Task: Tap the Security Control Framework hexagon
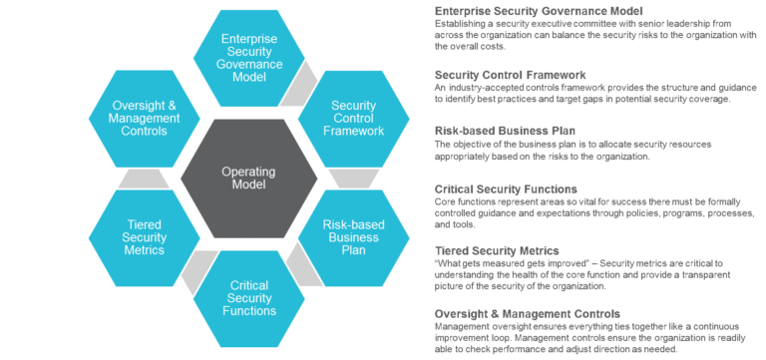[x=353, y=119]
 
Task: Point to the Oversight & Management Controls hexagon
[x=143, y=119]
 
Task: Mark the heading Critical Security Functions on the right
[x=506, y=187]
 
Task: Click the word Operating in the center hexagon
[x=247, y=173]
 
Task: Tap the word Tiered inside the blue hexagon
[x=143, y=225]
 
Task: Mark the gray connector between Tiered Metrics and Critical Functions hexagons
[x=187, y=281]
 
